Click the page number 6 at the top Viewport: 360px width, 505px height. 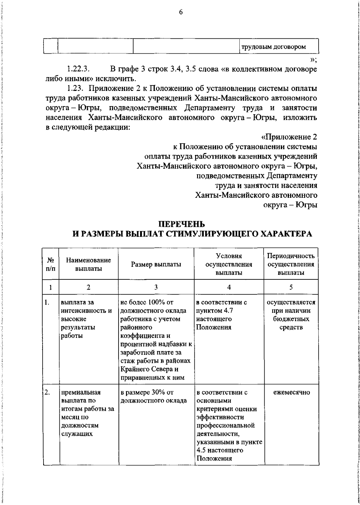click(181, 12)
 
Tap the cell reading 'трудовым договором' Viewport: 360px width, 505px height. click(274, 47)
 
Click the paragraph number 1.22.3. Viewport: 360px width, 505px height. click(78, 69)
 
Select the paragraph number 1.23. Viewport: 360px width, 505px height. click(75, 89)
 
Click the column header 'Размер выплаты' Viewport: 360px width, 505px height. click(156, 264)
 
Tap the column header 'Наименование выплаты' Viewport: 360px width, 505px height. click(88, 264)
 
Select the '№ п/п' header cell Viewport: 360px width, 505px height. click(50, 264)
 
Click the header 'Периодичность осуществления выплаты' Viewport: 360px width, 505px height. click(291, 264)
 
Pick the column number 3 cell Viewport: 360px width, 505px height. click(156, 287)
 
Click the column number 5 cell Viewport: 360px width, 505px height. click(291, 287)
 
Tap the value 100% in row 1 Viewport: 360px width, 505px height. click(155, 302)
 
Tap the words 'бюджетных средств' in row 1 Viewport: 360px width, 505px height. click(291, 323)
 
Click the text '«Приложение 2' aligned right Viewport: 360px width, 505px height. click(289, 137)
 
